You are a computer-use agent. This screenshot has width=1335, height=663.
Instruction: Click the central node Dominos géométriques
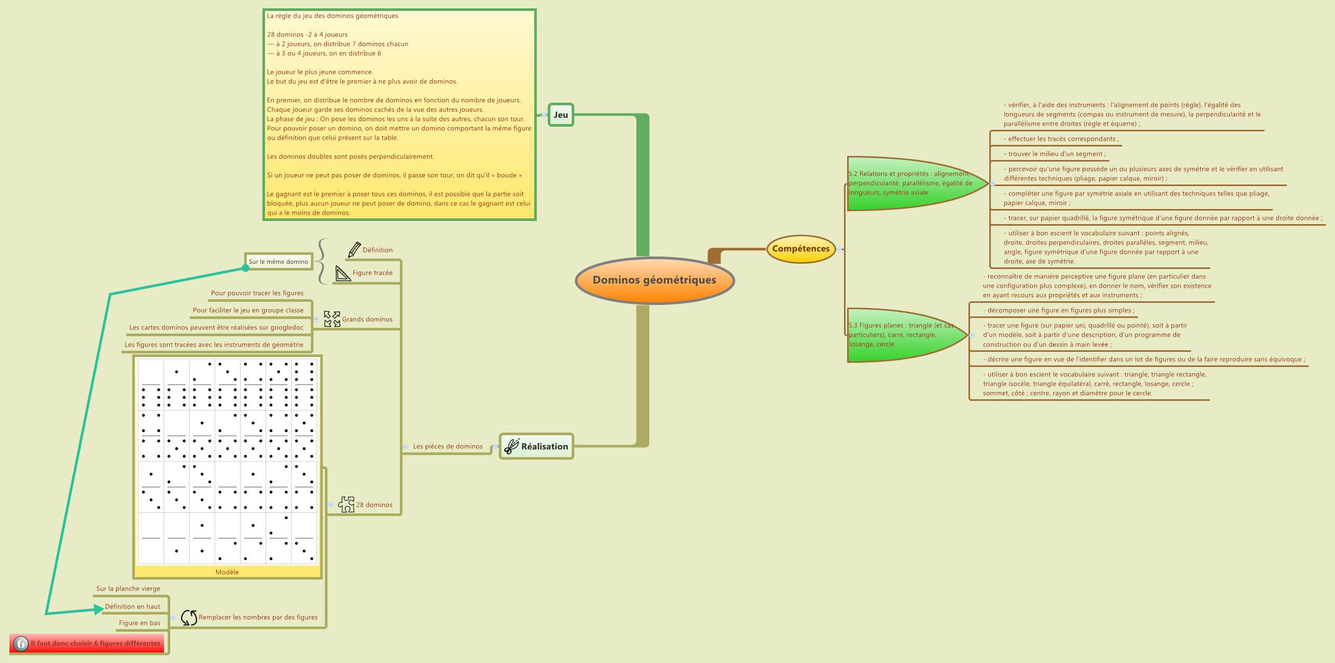[654, 280]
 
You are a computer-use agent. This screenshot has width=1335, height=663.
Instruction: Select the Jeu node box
[561, 115]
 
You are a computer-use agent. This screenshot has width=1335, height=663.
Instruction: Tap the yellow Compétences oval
[801, 249]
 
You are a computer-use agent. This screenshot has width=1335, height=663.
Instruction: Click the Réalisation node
[537, 446]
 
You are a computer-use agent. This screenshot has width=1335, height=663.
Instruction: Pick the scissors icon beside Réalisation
[512, 447]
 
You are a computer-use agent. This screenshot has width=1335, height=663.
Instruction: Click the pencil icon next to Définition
[354, 250]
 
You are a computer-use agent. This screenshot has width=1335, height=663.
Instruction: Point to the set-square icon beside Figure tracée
[343, 273]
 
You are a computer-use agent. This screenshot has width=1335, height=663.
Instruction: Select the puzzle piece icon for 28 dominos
[346, 505]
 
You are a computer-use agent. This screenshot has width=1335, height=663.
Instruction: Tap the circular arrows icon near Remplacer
[188, 618]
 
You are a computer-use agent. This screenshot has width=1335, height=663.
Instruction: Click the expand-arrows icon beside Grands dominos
[332, 319]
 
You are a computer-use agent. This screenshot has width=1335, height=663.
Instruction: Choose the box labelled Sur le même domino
[279, 262]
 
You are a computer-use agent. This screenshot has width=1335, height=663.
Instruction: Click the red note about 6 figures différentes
[87, 643]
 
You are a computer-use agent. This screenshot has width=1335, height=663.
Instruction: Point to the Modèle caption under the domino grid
[227, 572]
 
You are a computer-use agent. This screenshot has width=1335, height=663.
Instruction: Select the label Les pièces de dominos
[448, 446]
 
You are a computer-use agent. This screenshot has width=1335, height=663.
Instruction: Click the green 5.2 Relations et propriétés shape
[911, 183]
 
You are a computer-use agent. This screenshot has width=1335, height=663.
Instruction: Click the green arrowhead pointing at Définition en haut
[99, 609]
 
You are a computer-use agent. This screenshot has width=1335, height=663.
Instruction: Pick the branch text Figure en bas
[140, 623]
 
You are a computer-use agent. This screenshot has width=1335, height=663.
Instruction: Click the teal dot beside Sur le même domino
[246, 268]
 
